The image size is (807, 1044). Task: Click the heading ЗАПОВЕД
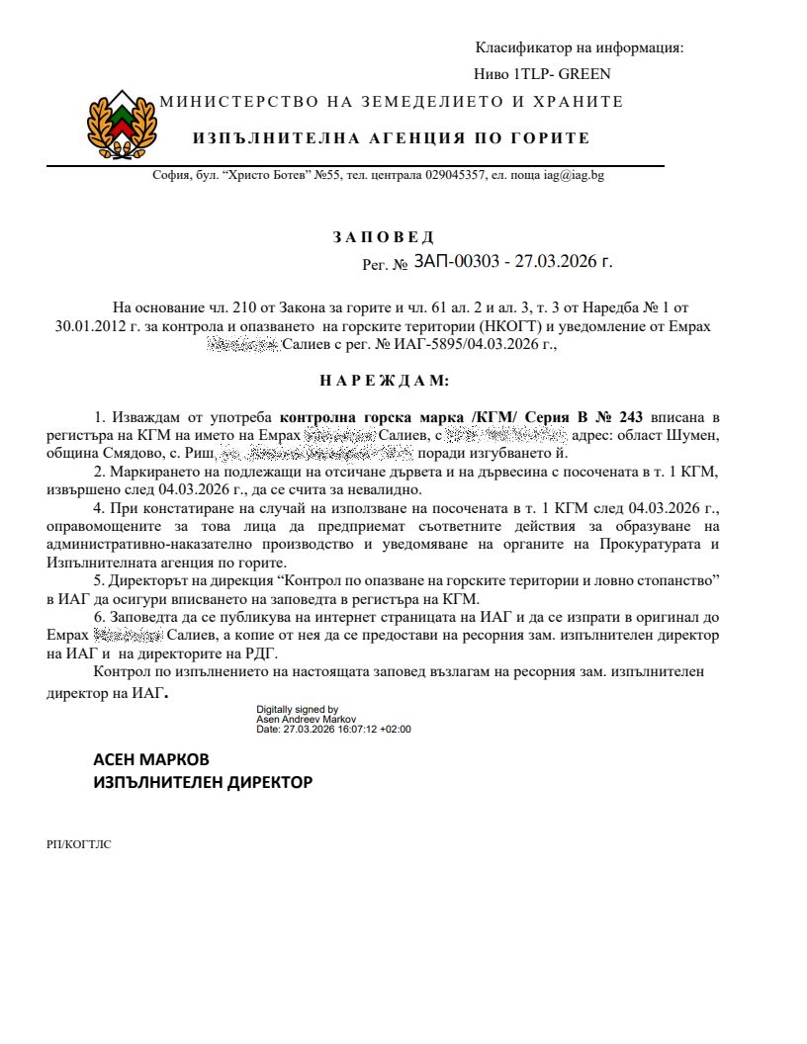click(383, 237)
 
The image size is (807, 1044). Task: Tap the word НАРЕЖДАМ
click(384, 380)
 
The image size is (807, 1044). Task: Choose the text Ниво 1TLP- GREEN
click(542, 74)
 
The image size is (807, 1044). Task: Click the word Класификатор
click(519, 47)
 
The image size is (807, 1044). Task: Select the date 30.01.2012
click(91, 326)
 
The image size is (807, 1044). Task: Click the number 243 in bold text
click(630, 417)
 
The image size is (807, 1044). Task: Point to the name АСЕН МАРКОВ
click(151, 759)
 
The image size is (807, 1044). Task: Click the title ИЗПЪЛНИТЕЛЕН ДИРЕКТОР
click(203, 782)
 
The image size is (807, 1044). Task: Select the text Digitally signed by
click(298, 709)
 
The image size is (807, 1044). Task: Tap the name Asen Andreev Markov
click(307, 720)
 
